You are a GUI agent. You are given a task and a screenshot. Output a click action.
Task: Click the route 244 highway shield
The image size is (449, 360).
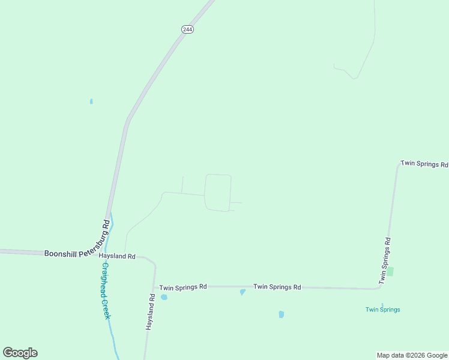(x=188, y=29)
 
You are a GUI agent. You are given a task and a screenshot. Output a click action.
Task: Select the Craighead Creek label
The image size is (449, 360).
(x=105, y=290)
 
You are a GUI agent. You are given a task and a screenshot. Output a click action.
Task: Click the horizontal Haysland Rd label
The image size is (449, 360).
(x=117, y=256)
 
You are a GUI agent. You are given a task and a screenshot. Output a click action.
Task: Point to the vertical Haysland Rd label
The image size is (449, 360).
(x=151, y=311)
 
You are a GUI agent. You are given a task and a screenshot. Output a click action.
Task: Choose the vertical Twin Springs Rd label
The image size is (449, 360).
(x=385, y=261)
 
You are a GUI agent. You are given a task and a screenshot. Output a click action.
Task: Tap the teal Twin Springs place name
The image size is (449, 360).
(x=382, y=310)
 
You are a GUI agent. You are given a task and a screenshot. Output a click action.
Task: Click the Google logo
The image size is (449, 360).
(x=20, y=353)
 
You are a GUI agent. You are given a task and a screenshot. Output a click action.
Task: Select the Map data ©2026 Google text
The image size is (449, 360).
(x=412, y=355)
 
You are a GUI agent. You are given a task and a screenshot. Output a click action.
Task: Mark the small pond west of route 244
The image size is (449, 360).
(x=91, y=101)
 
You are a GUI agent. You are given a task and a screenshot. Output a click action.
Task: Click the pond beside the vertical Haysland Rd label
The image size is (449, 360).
(x=164, y=297)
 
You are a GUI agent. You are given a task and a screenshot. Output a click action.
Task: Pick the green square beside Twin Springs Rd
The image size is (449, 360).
(x=390, y=272)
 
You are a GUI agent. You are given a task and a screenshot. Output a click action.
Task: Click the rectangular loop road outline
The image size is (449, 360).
(x=218, y=193)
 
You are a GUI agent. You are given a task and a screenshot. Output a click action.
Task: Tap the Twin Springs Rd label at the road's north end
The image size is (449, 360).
(x=424, y=164)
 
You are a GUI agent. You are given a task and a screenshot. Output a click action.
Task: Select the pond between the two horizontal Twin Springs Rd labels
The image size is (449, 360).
(x=243, y=292)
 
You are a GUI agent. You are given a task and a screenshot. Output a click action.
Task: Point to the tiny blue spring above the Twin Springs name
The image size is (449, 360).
(x=382, y=304)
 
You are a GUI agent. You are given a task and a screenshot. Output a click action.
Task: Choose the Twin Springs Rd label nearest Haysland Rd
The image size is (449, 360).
(x=183, y=287)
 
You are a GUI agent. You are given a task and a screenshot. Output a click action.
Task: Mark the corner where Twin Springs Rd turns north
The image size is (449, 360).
(x=379, y=287)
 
